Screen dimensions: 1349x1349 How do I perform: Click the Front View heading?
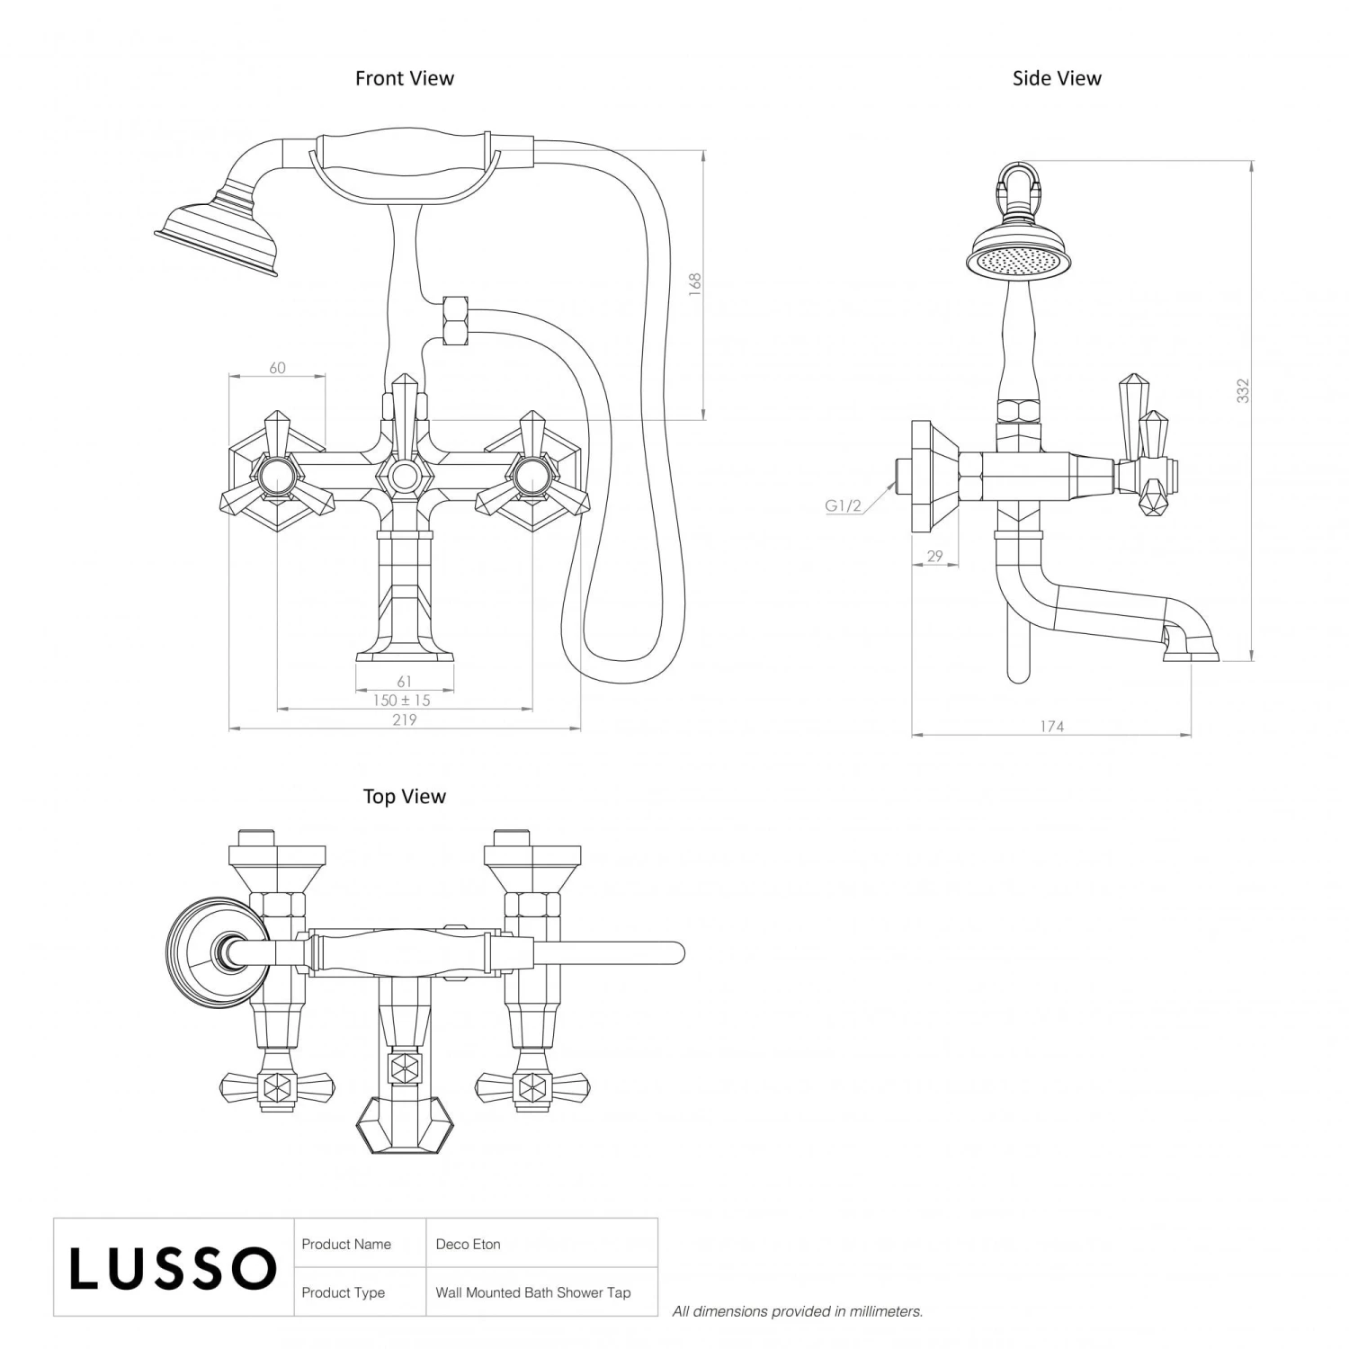pyautogui.click(x=404, y=78)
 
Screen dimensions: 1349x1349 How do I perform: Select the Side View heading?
pyautogui.click(x=1056, y=78)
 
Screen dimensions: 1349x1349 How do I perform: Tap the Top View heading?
pyautogui.click(x=404, y=796)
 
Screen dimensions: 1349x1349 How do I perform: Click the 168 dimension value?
pyautogui.click(x=694, y=285)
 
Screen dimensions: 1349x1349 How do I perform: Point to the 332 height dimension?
pyautogui.click(x=1242, y=391)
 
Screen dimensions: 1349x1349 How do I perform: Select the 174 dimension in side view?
pyautogui.click(x=1051, y=726)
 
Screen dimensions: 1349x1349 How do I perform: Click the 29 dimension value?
pyautogui.click(x=934, y=556)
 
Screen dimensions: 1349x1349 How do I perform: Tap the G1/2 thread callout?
pyautogui.click(x=843, y=505)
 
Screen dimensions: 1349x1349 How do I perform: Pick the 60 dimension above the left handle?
pyautogui.click(x=277, y=367)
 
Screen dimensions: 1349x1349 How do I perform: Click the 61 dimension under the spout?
pyautogui.click(x=404, y=682)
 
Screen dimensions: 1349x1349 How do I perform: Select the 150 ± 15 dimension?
pyautogui.click(x=402, y=700)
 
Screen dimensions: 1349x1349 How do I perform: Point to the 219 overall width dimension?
pyautogui.click(x=404, y=719)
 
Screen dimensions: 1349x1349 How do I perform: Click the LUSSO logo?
pyautogui.click(x=173, y=1268)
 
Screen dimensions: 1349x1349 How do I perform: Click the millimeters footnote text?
pyautogui.click(x=797, y=1311)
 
